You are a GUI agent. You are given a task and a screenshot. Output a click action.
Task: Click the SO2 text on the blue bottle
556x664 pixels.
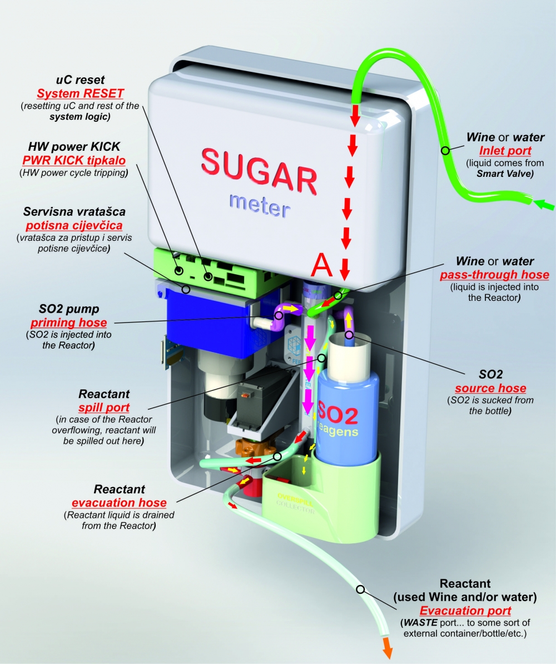point(338,414)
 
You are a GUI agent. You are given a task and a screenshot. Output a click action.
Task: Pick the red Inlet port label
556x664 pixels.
point(505,151)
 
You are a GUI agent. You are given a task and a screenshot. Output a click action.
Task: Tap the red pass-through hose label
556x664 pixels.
point(494,275)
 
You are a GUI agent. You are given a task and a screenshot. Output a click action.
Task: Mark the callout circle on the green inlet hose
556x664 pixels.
point(445,150)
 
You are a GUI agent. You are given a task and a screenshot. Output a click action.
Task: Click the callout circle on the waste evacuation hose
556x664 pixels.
point(361,589)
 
